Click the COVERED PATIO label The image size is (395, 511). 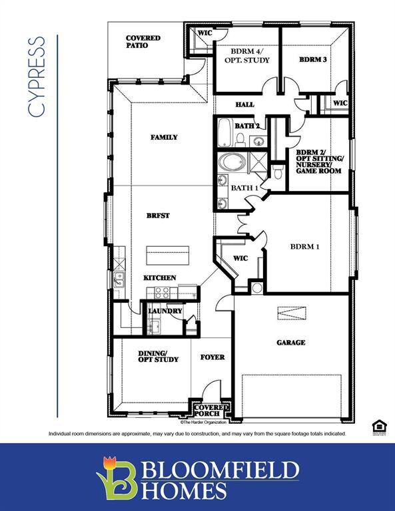click(143, 42)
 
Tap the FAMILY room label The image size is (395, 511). click(164, 137)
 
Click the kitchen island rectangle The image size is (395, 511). click(168, 254)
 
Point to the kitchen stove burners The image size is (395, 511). click(162, 291)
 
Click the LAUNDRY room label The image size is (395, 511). click(165, 311)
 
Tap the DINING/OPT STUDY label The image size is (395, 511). click(158, 356)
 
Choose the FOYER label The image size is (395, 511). click(212, 357)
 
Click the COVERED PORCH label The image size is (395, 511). click(212, 410)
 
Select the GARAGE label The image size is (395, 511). click(291, 343)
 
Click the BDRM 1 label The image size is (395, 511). click(305, 247)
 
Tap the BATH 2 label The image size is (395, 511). click(246, 126)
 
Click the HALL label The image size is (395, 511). click(245, 104)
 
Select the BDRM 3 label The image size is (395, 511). click(312, 60)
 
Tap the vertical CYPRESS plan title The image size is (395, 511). click(38, 77)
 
